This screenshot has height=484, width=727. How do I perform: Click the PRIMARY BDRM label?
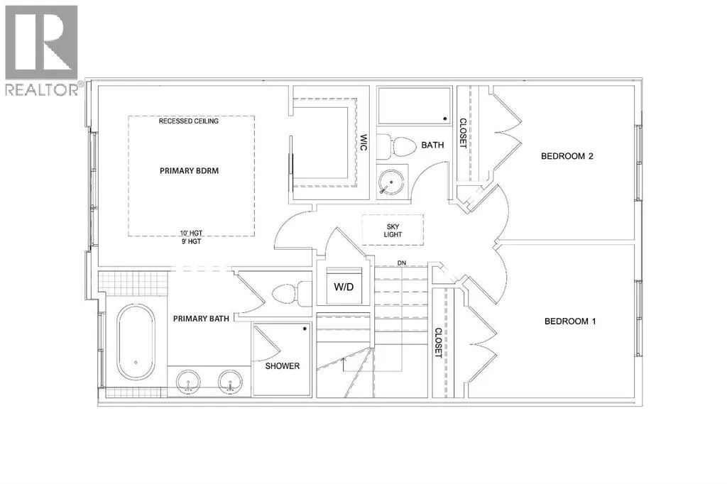189,170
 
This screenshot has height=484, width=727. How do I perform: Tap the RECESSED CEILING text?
188,121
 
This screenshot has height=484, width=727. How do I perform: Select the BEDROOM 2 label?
567,155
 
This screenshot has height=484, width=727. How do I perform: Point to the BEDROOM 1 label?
570,321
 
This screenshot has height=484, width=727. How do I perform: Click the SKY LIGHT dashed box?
393,230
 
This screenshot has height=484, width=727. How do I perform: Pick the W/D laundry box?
344,286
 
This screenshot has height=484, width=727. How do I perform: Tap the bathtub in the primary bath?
136,341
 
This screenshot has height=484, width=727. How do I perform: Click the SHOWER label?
283,365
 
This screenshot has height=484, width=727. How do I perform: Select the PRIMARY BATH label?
201,319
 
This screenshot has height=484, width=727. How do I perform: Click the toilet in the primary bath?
292,294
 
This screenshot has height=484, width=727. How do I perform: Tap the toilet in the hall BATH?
397,146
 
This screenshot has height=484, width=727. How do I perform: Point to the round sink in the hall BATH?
390,182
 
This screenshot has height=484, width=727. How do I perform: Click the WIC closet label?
363,142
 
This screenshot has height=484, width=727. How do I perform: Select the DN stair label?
402,263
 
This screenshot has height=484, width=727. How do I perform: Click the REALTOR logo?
42,50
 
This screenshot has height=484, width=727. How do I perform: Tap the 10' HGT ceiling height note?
191,233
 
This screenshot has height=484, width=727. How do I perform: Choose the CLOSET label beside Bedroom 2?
463,133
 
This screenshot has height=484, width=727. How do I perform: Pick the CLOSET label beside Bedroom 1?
438,343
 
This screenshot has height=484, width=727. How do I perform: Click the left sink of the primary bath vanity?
189,382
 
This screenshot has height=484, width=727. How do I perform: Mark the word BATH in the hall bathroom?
432,145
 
